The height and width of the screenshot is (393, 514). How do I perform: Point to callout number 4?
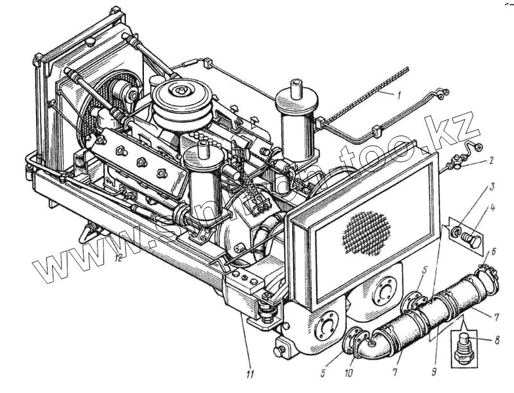[x=492, y=209]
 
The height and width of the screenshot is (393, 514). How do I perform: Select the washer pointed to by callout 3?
[x=457, y=231]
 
